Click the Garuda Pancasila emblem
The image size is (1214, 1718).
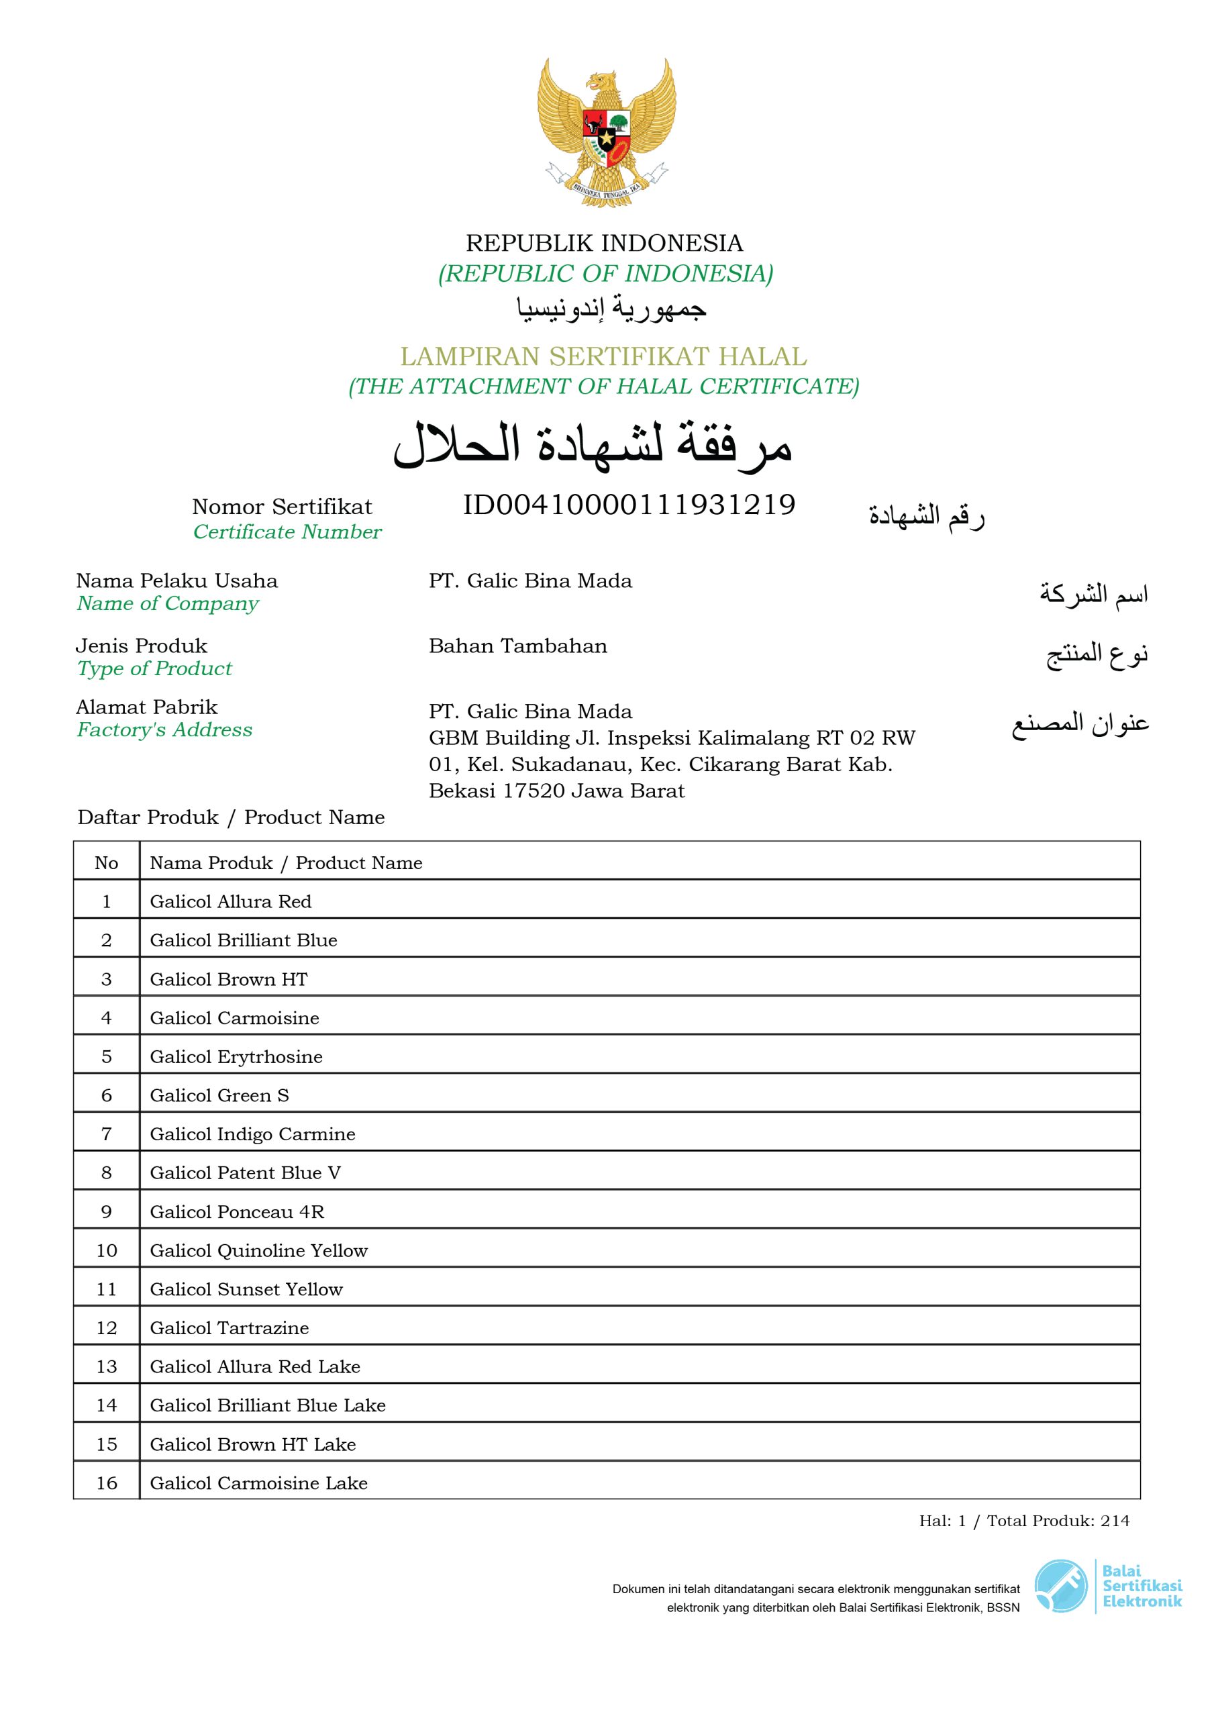[x=606, y=133]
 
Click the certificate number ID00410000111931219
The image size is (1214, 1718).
[x=629, y=505]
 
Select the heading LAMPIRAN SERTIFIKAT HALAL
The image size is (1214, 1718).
[x=603, y=356]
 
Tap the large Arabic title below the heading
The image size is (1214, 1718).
[x=593, y=446]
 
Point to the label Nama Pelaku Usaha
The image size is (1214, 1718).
[x=176, y=580]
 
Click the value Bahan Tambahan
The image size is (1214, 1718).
[x=517, y=646]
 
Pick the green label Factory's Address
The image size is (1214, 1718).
[x=164, y=729]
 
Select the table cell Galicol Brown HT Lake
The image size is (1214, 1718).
[x=252, y=1444]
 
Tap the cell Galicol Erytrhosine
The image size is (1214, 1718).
[x=236, y=1056]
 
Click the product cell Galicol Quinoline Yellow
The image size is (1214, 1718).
[x=258, y=1250]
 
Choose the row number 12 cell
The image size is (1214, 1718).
[x=106, y=1328]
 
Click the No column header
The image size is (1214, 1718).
[x=106, y=863]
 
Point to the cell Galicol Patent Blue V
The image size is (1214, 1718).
[x=245, y=1172]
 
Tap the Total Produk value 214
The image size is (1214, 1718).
[x=1115, y=1521]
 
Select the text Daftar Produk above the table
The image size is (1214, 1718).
[x=148, y=817]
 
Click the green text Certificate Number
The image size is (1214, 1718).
[x=287, y=532]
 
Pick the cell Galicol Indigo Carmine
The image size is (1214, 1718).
[x=252, y=1134]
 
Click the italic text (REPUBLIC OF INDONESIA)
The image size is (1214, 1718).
[x=605, y=274]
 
